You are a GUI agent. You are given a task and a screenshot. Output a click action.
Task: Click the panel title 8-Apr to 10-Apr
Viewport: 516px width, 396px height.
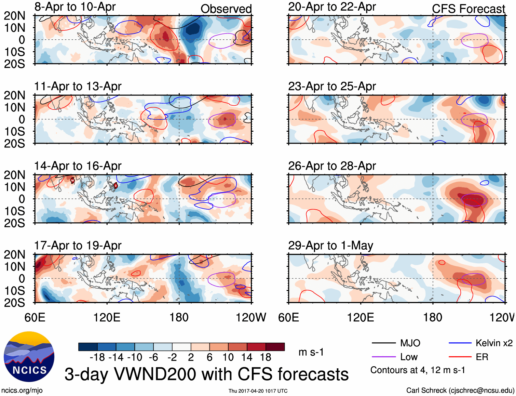coord(75,7)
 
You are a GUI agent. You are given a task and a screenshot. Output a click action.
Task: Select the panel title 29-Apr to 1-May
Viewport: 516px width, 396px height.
coord(330,246)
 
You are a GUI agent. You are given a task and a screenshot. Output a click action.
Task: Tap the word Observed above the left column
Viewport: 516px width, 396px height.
coord(226,9)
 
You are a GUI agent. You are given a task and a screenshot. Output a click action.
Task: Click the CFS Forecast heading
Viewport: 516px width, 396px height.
coord(468,9)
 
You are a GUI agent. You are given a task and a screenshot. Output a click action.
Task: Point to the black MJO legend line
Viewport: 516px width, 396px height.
coord(383,343)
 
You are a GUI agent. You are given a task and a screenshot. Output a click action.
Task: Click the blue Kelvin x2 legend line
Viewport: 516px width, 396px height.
coord(460,343)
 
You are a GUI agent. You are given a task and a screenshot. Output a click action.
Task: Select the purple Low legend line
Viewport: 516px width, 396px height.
coord(383,357)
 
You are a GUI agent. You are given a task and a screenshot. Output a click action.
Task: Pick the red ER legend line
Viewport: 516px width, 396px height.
coord(460,357)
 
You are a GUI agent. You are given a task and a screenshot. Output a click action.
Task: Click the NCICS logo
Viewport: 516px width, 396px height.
coord(29,357)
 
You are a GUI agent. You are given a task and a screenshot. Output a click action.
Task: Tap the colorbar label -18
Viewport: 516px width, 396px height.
coord(97,358)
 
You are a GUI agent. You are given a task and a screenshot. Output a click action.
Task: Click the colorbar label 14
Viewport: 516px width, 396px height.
coord(247,358)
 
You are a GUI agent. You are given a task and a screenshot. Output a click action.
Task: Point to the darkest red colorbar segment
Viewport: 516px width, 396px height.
coord(275,347)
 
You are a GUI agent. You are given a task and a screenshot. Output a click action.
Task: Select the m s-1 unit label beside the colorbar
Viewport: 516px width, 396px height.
coord(311,352)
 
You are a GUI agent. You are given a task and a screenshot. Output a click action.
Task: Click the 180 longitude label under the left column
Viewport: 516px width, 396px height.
coord(179,317)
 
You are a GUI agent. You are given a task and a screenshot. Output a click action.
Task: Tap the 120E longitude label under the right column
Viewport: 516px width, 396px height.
coord(361,317)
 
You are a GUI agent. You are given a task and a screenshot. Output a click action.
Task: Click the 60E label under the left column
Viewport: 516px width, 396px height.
coord(35,317)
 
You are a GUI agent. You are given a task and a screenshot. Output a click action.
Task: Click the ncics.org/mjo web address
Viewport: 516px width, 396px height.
coord(22,391)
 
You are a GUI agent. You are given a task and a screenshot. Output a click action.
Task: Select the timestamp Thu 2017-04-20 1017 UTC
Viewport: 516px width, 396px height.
coord(258,391)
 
